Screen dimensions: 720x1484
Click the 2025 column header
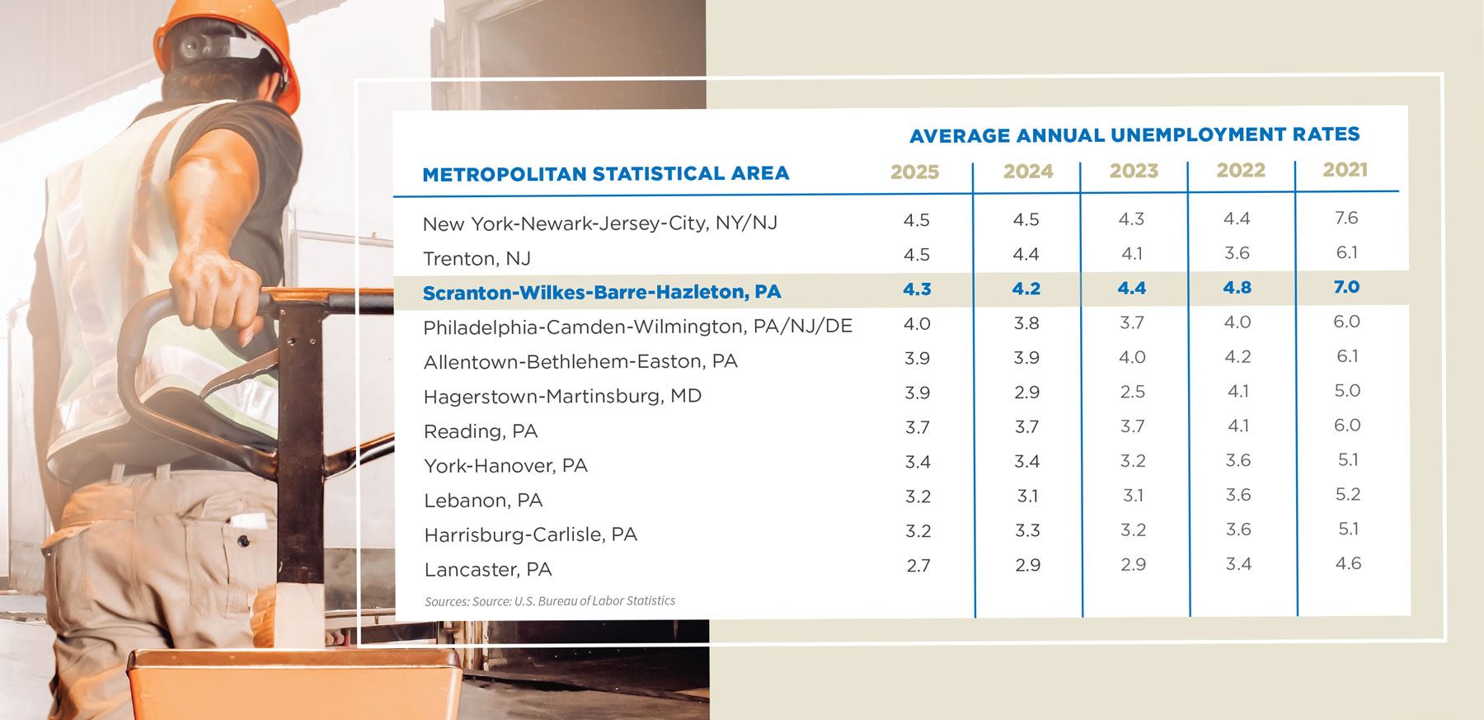click(914, 172)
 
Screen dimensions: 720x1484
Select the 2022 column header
click(1240, 170)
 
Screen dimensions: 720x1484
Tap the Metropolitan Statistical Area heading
click(605, 174)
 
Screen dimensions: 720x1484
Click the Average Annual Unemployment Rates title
click(1134, 134)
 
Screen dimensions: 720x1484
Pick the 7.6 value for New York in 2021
click(1345, 218)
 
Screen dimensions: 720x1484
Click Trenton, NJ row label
click(477, 258)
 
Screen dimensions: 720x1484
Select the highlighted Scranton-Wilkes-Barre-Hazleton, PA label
click(601, 292)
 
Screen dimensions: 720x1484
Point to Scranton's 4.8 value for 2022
click(1237, 288)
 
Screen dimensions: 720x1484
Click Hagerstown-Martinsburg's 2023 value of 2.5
click(1132, 392)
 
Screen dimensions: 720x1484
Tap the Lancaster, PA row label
click(487, 569)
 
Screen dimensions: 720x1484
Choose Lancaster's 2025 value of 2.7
click(918, 566)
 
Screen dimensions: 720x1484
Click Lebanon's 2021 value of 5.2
click(1347, 494)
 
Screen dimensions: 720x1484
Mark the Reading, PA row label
click(480, 431)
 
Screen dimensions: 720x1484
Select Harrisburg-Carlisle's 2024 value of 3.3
click(1026, 530)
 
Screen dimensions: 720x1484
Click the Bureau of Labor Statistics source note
click(549, 601)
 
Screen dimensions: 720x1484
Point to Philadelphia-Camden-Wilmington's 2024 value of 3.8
click(1026, 323)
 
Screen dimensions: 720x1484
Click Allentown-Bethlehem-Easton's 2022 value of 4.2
click(1237, 357)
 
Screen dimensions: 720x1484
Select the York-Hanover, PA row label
click(505, 466)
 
